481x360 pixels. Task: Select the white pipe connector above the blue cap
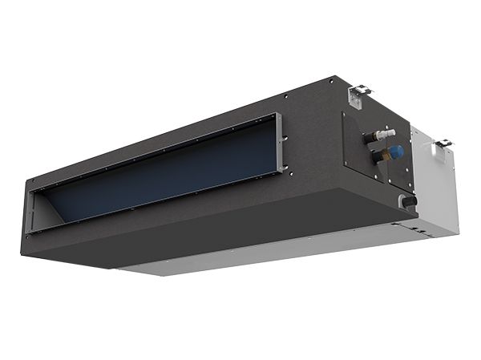pyautogui.click(x=386, y=132)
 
